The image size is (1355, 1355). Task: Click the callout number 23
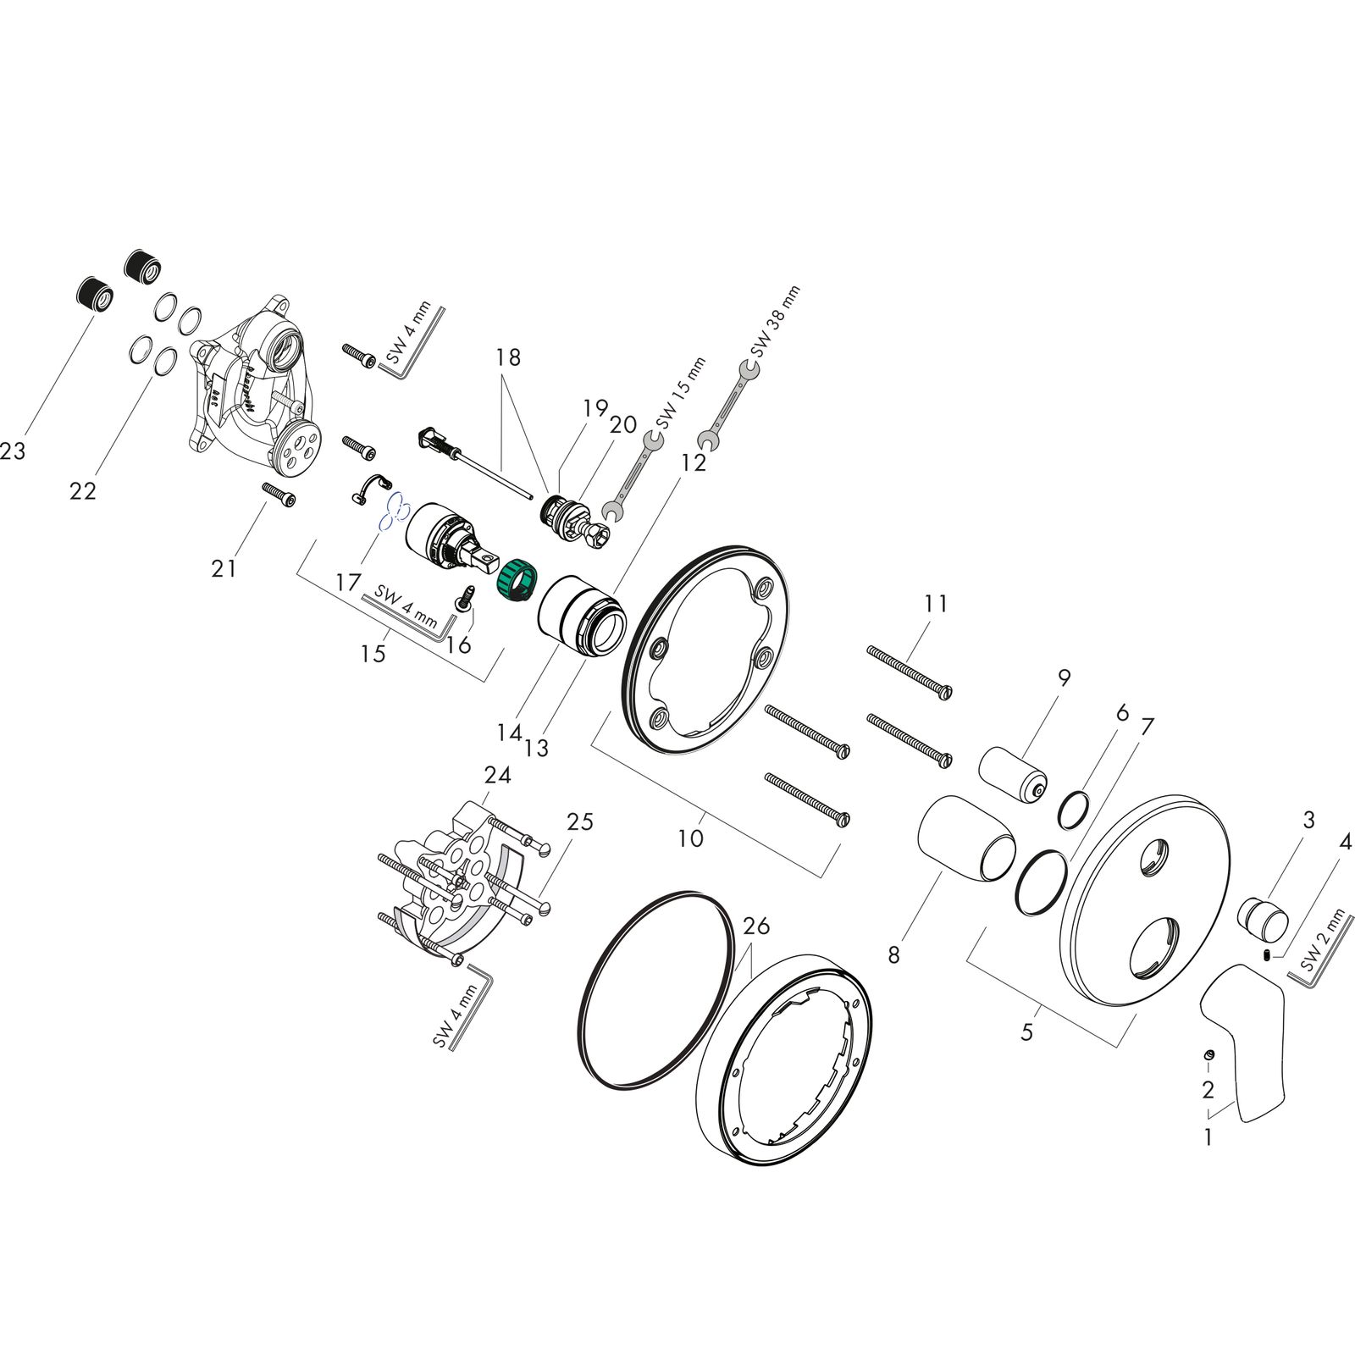tap(12, 451)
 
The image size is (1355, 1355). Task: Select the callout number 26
tap(756, 926)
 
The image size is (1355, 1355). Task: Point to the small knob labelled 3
tap(1264, 921)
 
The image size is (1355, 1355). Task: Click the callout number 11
tap(936, 604)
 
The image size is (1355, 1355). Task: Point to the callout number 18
tap(508, 357)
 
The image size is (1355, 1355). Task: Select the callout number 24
tap(497, 775)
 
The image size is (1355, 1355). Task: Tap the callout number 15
tap(373, 653)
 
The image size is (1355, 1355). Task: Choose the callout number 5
tap(1026, 1031)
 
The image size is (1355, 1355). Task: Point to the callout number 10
tap(691, 838)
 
